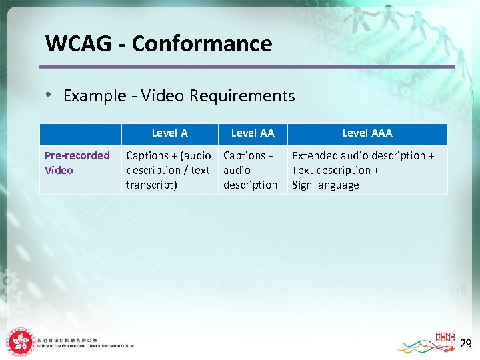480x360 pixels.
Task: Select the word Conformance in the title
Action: coord(202,44)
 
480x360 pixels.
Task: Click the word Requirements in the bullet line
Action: coord(242,96)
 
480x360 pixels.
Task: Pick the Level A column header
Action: coord(169,133)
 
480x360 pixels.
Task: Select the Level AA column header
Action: coord(253,133)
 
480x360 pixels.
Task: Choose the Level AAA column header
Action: coord(367,133)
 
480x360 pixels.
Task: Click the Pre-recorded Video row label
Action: coord(77,163)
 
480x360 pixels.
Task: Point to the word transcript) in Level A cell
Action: coord(151,185)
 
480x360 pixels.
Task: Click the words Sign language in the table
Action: coord(325,185)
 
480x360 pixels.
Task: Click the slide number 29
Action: coord(465,344)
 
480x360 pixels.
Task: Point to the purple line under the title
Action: coord(247,67)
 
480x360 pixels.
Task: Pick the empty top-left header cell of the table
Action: coord(81,134)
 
